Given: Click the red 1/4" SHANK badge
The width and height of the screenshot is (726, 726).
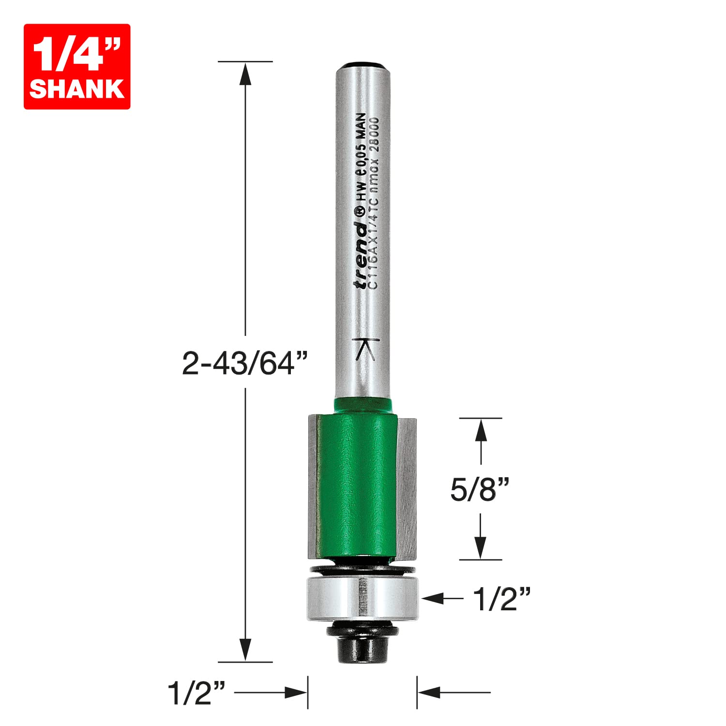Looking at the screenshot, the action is click(77, 66).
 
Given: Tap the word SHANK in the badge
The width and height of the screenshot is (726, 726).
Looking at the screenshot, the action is click(77, 89).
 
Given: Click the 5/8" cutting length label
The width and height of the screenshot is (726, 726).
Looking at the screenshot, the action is click(480, 489).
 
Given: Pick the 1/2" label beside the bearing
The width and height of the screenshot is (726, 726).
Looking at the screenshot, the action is click(502, 599).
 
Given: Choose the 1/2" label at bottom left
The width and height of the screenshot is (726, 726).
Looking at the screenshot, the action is click(197, 693).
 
